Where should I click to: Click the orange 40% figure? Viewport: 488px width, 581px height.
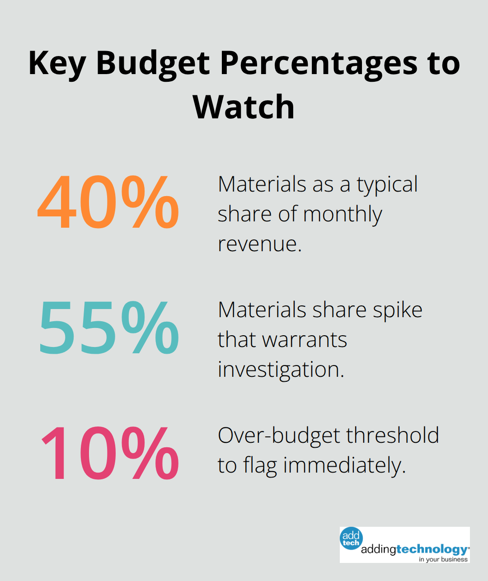coord(108,202)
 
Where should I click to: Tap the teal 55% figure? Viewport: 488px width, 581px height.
coord(109,328)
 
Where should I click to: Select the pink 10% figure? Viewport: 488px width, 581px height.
coord(110,453)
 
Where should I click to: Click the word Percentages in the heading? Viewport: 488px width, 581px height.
coord(319,64)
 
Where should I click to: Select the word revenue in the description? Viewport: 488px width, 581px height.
coord(259,244)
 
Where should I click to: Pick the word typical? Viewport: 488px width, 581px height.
coord(387,184)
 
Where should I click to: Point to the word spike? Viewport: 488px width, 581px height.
coord(398,310)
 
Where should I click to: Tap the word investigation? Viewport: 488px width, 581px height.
coord(281,370)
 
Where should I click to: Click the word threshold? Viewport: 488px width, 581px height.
coord(393,436)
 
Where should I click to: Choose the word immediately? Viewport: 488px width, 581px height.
coord(344,465)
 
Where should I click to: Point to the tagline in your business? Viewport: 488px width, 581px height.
coord(443,559)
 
